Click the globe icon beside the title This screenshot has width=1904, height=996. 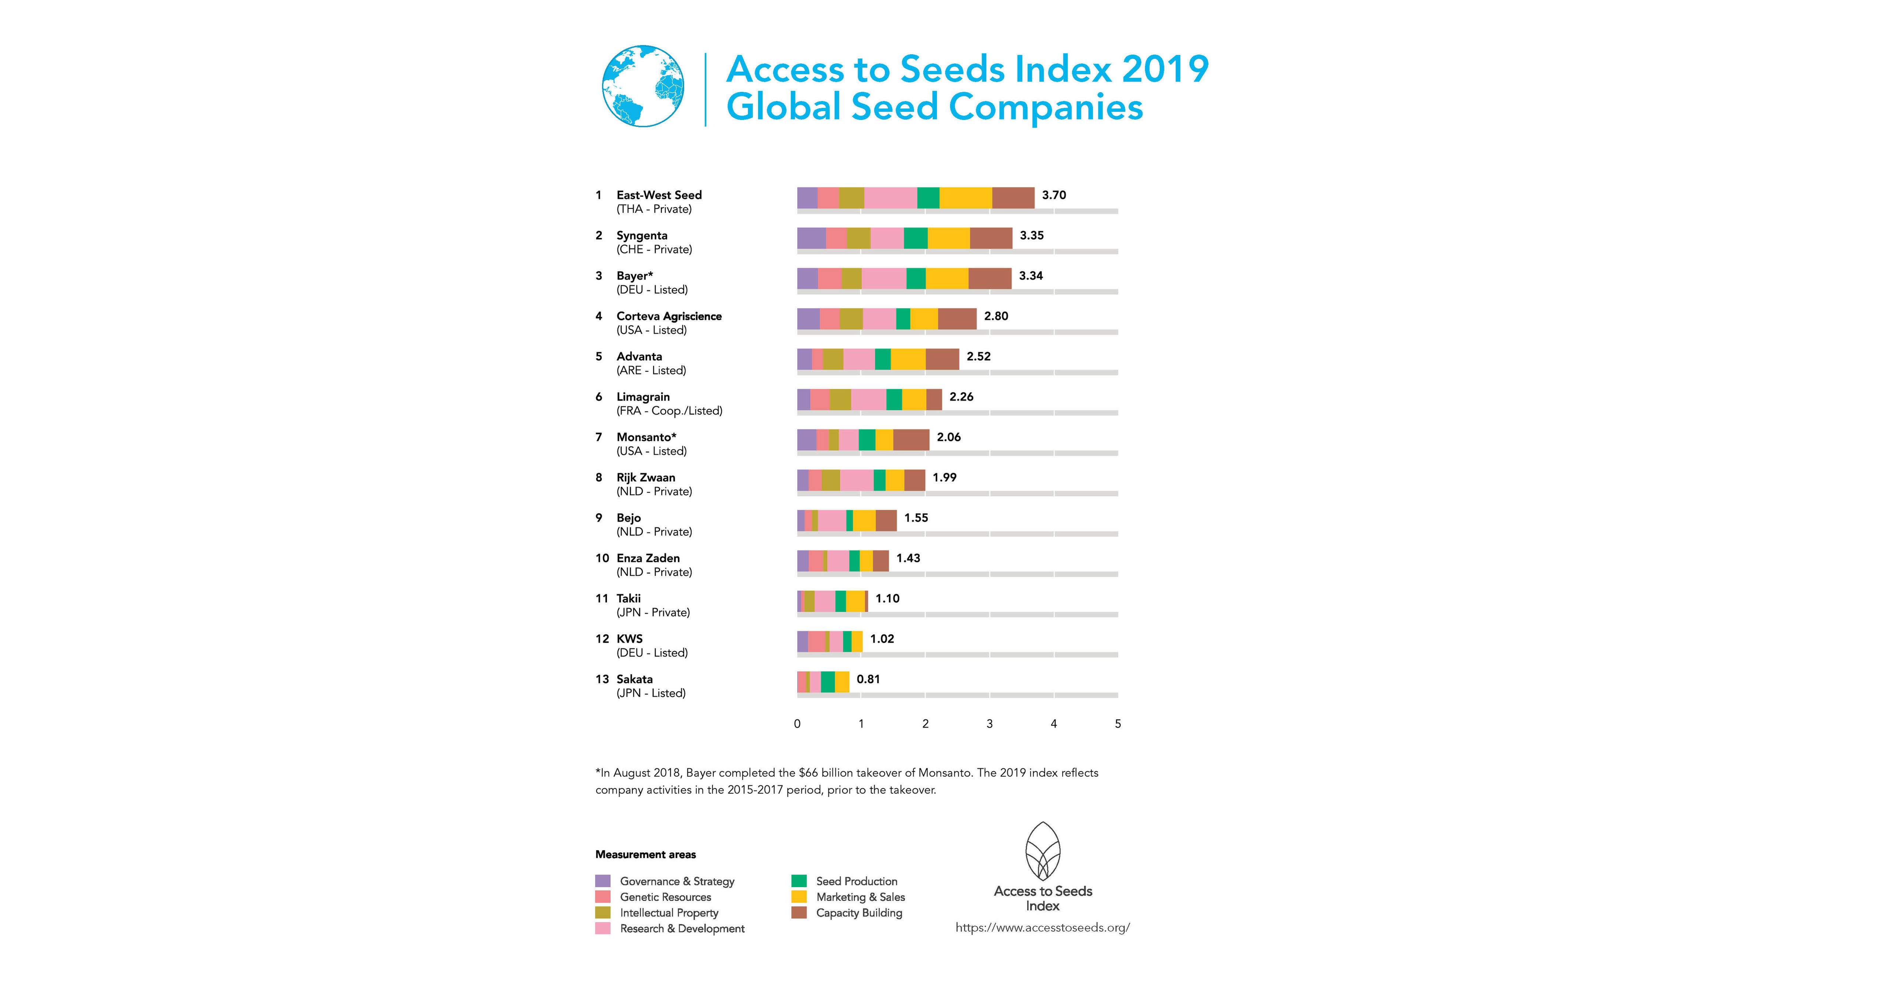point(642,86)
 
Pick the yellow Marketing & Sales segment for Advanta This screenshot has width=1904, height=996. point(908,359)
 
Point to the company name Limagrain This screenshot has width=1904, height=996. point(643,397)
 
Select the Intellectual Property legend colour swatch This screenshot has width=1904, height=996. point(603,913)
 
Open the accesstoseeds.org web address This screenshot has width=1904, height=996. point(1042,927)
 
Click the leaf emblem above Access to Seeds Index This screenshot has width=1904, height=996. point(1042,851)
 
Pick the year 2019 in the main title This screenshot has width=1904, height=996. point(1165,69)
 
